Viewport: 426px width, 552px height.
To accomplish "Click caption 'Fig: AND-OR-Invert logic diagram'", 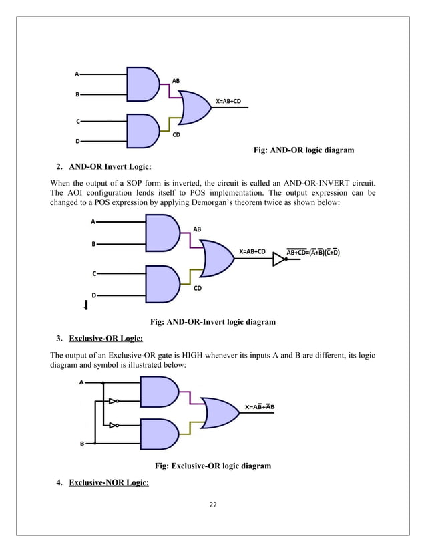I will tap(214, 322).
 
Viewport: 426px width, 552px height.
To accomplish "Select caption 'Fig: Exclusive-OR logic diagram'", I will tap(213, 466).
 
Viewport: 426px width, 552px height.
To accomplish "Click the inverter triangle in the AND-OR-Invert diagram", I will tap(280, 259).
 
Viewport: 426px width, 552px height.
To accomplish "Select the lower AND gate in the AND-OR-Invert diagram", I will tap(162, 284).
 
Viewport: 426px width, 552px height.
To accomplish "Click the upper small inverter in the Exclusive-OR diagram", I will tap(114, 402).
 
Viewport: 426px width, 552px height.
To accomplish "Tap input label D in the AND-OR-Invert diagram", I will tap(93, 295).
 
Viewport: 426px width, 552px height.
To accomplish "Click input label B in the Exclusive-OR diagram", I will tap(82, 443).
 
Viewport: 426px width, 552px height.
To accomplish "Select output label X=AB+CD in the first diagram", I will tap(228, 101).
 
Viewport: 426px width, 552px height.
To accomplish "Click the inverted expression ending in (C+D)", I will tap(313, 252).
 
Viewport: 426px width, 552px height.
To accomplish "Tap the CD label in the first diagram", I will tap(177, 135).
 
